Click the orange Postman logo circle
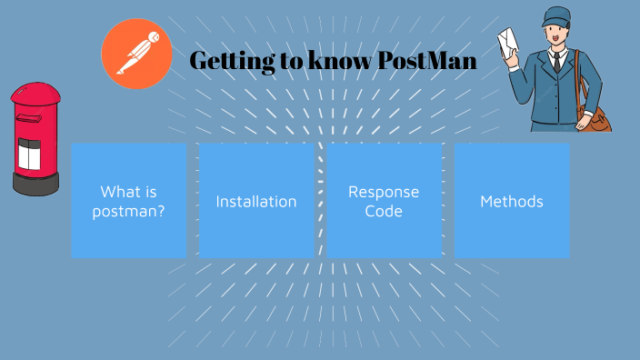[x=136, y=54]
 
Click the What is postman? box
[x=129, y=200]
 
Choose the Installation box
[x=256, y=200]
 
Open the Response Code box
[x=384, y=200]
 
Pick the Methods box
[x=512, y=200]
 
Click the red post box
[x=36, y=136]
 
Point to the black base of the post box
[x=36, y=185]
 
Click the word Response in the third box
[x=384, y=192]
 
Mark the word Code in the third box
[x=384, y=210]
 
